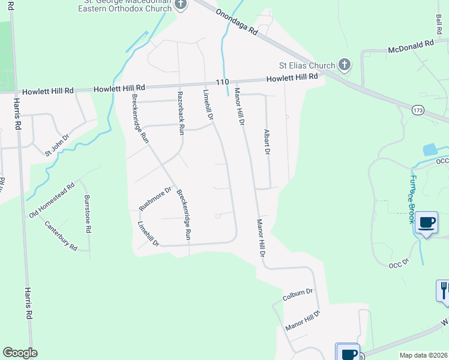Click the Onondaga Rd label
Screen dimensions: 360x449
pyautogui.click(x=237, y=22)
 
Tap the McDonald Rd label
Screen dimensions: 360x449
pyautogui.click(x=411, y=45)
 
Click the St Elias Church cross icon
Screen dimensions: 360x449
pyautogui.click(x=345, y=64)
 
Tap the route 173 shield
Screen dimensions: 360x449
pyautogui.click(x=418, y=110)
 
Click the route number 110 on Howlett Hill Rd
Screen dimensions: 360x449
pyautogui.click(x=223, y=82)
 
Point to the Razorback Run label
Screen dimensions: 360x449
pyautogui.click(x=180, y=113)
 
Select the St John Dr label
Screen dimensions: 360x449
pyautogui.click(x=57, y=146)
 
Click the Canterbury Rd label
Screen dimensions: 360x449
pyautogui.click(x=61, y=236)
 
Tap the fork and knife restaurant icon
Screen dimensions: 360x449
pyautogui.click(x=443, y=290)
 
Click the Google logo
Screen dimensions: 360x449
pyautogui.click(x=20, y=353)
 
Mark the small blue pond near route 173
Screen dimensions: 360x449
pyautogui.click(x=431, y=150)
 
